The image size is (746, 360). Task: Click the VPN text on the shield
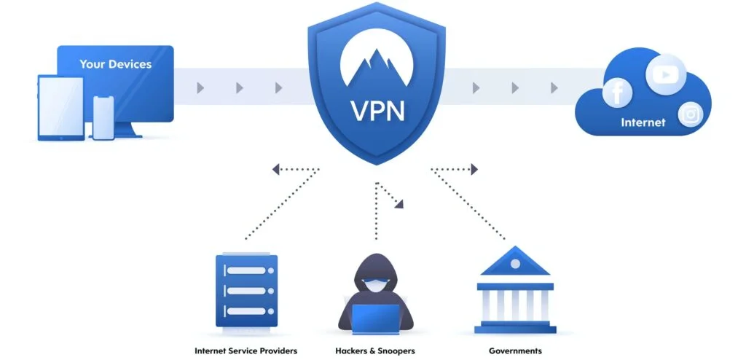tap(377, 112)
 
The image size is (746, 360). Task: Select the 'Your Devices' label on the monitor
tap(115, 64)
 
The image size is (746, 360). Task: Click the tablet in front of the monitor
tap(60, 106)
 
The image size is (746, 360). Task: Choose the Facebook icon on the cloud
tap(617, 93)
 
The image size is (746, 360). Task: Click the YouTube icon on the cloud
tap(664, 74)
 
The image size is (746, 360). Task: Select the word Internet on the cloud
tap(643, 122)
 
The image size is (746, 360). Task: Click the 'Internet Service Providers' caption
tap(246, 351)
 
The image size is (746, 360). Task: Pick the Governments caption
tap(515, 351)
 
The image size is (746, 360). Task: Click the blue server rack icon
tap(246, 290)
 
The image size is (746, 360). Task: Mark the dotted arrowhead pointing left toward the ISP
tap(276, 170)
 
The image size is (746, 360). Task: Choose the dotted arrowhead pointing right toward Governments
tap(474, 170)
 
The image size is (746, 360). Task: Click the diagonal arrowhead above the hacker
tap(399, 205)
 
